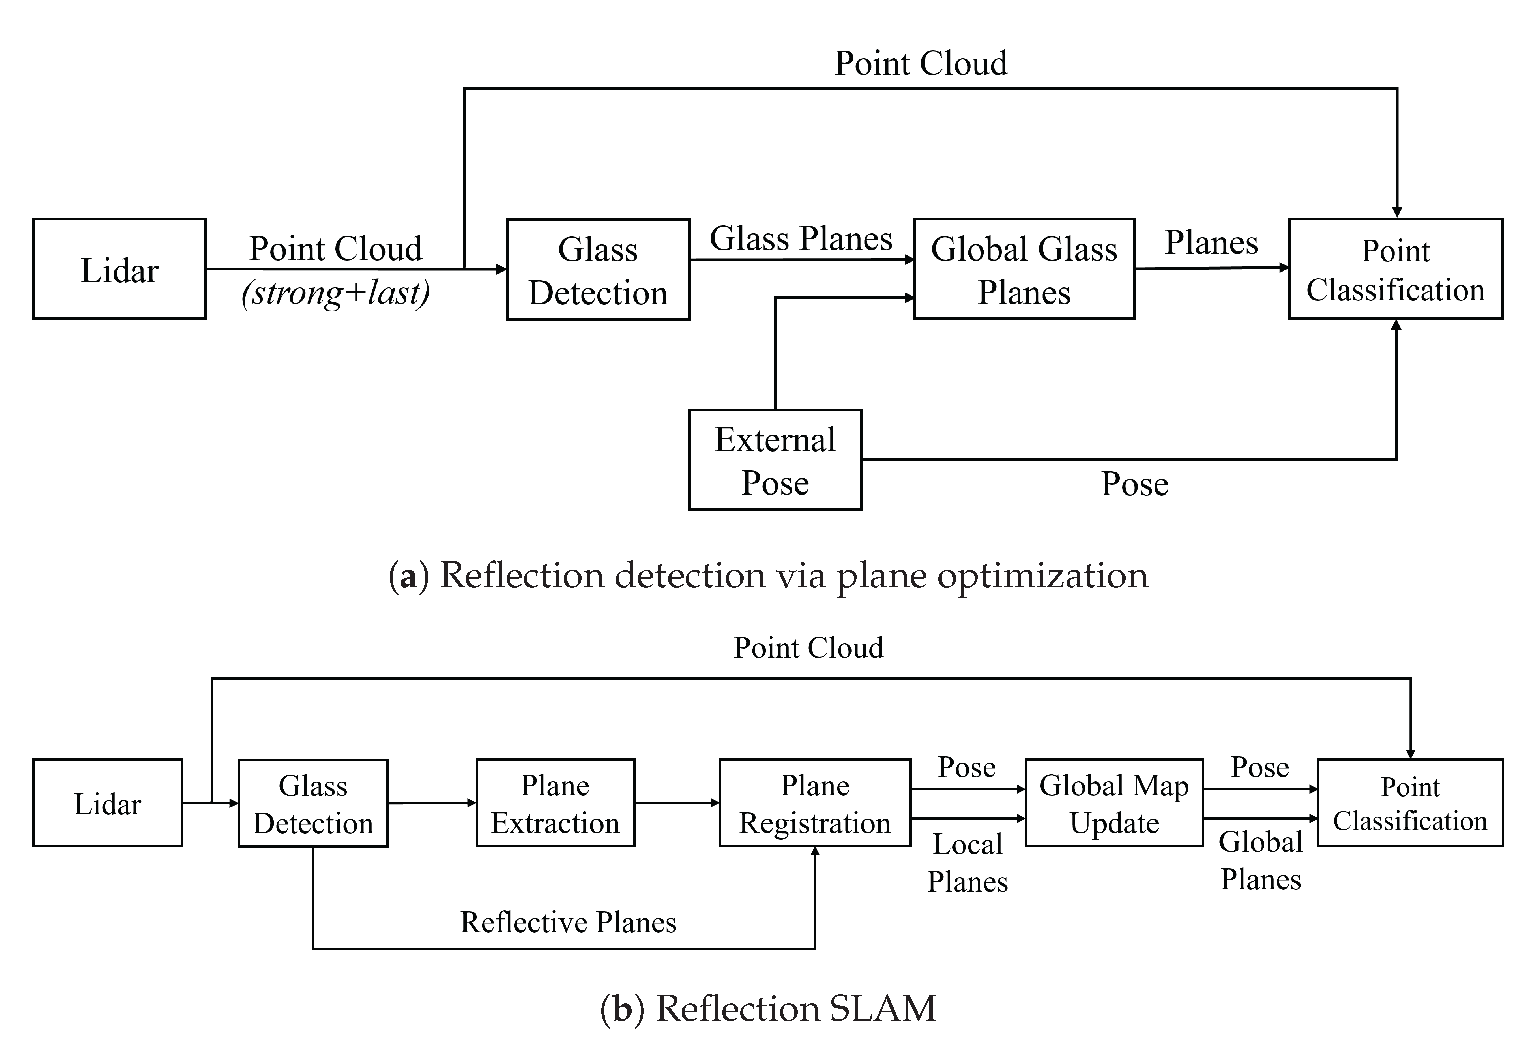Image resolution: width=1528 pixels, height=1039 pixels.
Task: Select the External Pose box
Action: pyautogui.click(x=775, y=460)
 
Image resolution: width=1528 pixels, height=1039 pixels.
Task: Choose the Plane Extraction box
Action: pyautogui.click(x=555, y=803)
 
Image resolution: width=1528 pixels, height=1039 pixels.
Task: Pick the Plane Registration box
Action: pyautogui.click(x=815, y=803)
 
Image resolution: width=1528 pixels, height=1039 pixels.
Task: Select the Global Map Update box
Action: pyautogui.click(x=1114, y=803)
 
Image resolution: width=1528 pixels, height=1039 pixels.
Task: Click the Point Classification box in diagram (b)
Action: pyautogui.click(x=1410, y=803)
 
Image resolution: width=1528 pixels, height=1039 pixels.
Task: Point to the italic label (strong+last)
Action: pyautogui.click(x=335, y=293)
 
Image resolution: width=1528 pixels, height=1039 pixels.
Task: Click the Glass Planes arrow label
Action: pyautogui.click(x=801, y=238)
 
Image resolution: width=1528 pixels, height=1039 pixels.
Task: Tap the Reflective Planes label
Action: pyautogui.click(x=568, y=922)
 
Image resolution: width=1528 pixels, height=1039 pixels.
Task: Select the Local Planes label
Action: pyautogui.click(x=967, y=863)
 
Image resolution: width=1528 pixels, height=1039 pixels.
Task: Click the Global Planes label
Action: pyautogui.click(x=1260, y=860)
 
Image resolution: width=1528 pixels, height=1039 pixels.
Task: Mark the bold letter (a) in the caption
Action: pyautogui.click(x=408, y=576)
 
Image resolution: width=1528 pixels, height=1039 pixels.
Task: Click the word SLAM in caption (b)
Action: pyautogui.click(x=882, y=1008)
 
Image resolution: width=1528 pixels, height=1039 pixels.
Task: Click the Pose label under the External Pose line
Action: pyautogui.click(x=1135, y=484)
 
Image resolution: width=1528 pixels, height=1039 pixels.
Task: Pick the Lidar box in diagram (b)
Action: pyautogui.click(x=108, y=803)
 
